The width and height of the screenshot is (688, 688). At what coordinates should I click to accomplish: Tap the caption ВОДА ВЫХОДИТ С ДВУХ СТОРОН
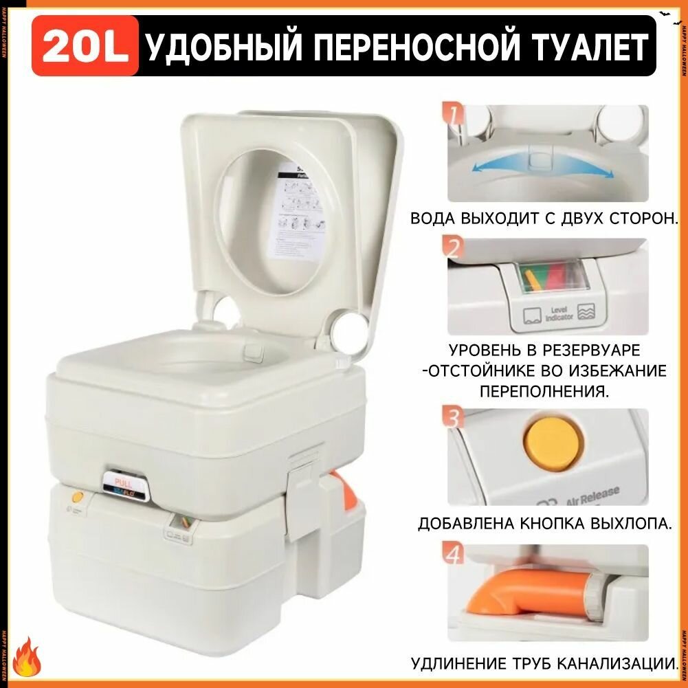tap(545, 219)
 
